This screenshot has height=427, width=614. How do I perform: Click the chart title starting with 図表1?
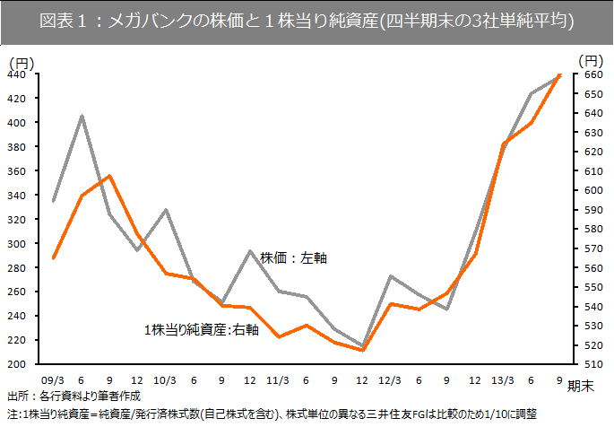point(307,20)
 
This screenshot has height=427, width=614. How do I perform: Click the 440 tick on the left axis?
point(17,74)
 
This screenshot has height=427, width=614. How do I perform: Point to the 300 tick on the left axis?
point(17,244)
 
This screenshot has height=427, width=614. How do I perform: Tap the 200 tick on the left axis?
point(17,365)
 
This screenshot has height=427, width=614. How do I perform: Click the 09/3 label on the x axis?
point(53,379)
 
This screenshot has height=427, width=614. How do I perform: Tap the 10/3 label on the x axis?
point(166,379)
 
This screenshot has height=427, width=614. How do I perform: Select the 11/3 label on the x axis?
point(278,379)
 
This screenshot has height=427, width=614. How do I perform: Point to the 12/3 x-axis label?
point(391,379)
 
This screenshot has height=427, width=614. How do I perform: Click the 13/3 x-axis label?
point(504,379)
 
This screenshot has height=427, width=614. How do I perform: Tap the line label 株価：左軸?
point(293,257)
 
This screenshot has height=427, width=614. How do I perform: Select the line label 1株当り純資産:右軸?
point(202,330)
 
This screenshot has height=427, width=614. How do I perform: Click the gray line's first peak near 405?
point(82,116)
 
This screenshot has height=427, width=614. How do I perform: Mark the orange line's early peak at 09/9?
point(109,176)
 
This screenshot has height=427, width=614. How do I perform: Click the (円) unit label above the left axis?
point(21,61)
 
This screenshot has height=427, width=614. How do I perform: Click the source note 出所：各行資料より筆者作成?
point(74,396)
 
